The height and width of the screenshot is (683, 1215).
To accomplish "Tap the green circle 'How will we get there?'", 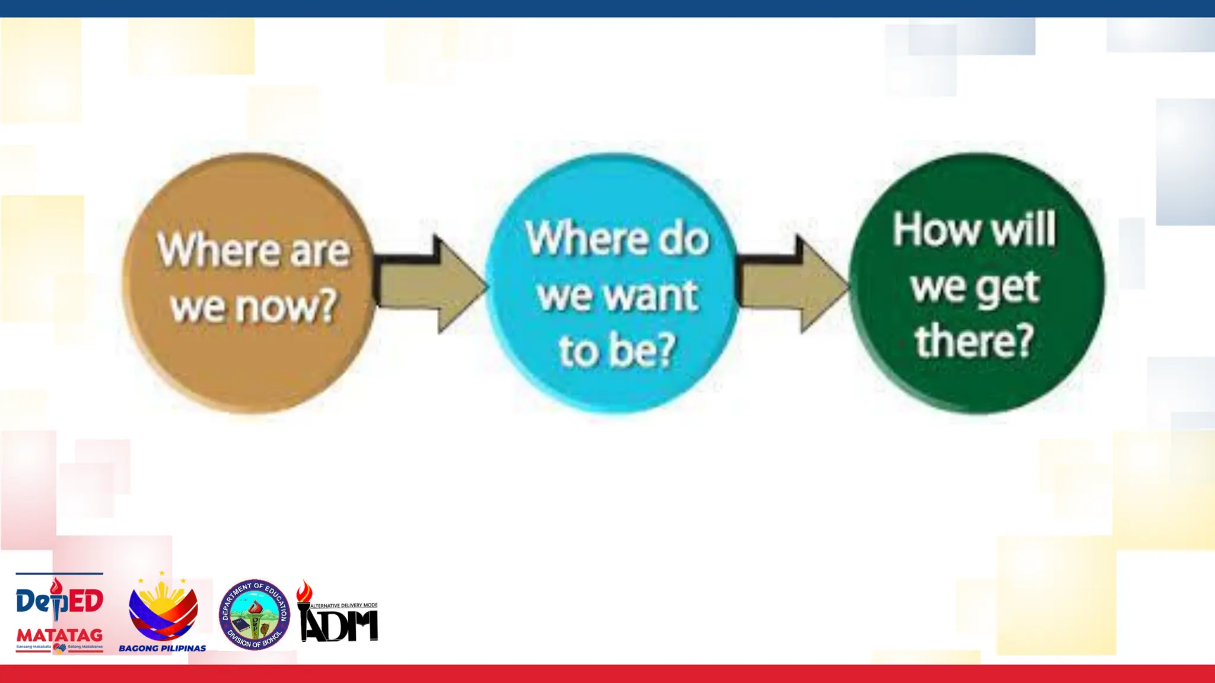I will point(977,385).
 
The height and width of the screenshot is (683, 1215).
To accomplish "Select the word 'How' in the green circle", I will point(937,229).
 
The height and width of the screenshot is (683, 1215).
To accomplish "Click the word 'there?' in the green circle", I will point(974,341).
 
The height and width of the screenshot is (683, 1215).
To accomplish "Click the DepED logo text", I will point(59,601).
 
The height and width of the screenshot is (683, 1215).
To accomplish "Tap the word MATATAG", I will point(59,636).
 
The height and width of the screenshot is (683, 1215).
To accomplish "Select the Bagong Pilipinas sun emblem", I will point(163,608).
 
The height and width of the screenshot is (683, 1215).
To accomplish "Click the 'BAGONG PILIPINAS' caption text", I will point(163,648).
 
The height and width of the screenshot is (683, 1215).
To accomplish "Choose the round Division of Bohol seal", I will point(255,614).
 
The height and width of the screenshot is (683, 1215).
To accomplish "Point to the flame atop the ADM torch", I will point(304,591).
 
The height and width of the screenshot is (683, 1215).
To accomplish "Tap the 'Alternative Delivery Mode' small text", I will point(344,605).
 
